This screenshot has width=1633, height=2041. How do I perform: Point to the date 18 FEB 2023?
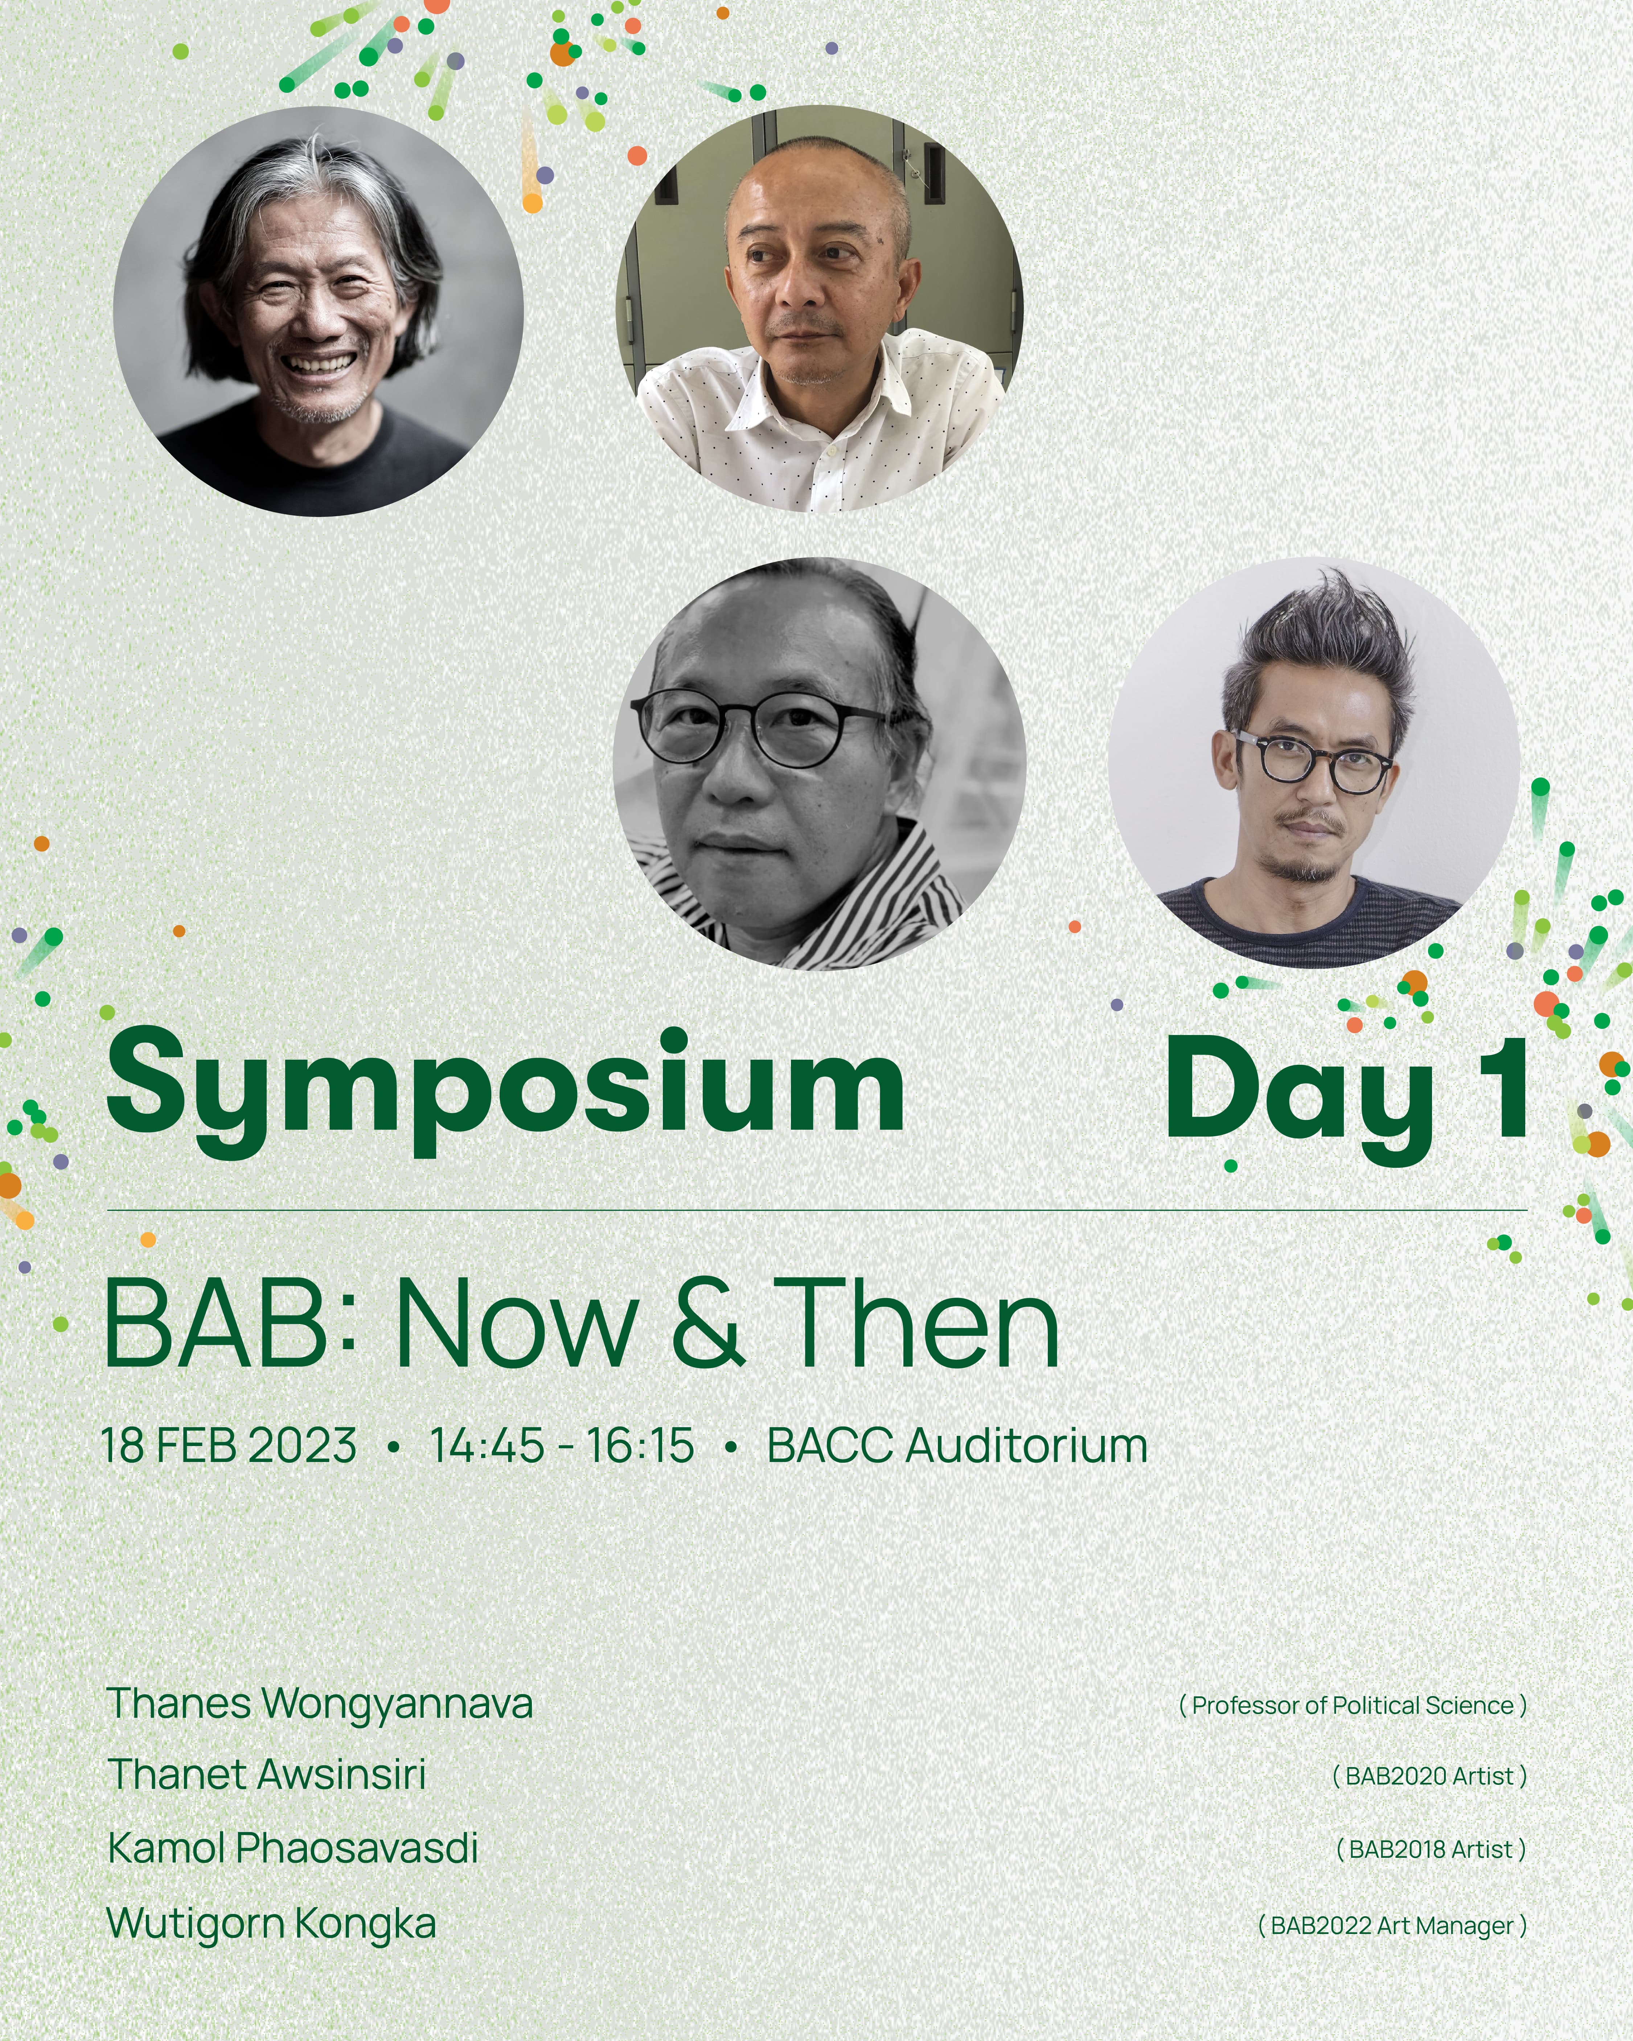point(228,1446)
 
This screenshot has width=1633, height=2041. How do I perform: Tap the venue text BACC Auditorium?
point(957,1446)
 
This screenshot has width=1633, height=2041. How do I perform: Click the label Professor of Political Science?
point(1353,1706)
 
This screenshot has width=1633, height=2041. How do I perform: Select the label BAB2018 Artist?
point(1431,1850)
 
